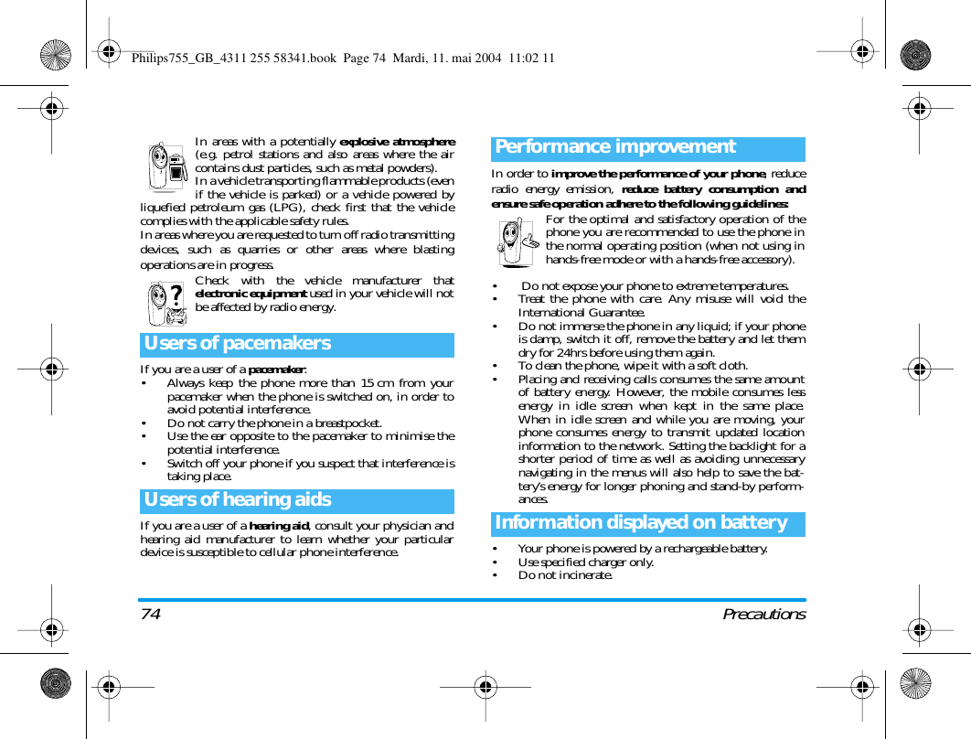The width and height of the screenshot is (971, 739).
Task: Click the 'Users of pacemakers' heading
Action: (238, 344)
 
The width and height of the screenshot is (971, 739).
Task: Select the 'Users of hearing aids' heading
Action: (238, 500)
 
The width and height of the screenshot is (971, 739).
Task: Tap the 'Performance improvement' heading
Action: (615, 147)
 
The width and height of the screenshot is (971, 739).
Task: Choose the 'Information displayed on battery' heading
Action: (641, 523)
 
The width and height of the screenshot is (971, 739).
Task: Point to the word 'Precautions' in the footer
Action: (763, 615)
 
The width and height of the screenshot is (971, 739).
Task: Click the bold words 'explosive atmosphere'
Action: (397, 142)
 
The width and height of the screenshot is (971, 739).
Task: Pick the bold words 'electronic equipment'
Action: (251, 294)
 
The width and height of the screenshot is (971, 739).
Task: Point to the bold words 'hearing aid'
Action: (279, 526)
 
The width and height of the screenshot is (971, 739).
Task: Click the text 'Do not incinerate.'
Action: (564, 575)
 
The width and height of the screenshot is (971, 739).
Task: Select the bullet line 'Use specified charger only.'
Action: (585, 562)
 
